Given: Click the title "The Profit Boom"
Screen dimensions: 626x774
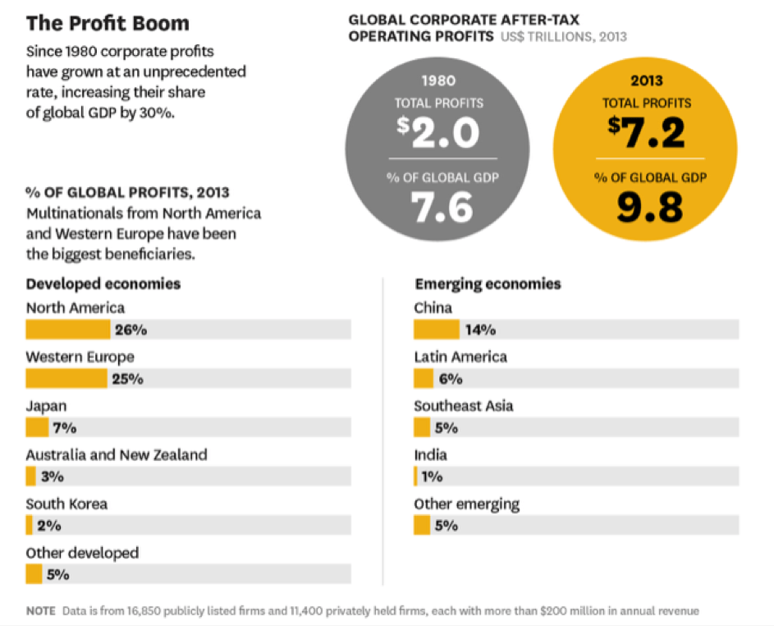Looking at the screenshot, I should pyautogui.click(x=108, y=23).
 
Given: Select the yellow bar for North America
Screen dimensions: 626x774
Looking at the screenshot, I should pyautogui.click(x=67, y=329).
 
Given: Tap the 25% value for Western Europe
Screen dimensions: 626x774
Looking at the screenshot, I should pyautogui.click(x=128, y=379).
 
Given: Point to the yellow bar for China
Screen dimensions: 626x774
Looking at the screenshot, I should pyautogui.click(x=436, y=329).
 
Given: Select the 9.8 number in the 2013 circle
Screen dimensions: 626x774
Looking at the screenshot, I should pyautogui.click(x=649, y=207).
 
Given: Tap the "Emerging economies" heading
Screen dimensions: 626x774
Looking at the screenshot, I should pyautogui.click(x=488, y=283).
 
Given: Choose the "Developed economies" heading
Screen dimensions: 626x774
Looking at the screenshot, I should pyautogui.click(x=103, y=283).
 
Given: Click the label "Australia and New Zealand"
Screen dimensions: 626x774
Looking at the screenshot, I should pyautogui.click(x=117, y=454).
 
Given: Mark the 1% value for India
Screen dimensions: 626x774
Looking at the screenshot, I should pyautogui.click(x=432, y=476).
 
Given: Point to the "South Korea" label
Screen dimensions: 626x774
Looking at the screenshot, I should pyautogui.click(x=66, y=504).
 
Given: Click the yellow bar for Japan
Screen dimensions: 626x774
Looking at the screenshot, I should pyautogui.click(x=37, y=427).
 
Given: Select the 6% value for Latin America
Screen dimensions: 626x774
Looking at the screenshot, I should pyautogui.click(x=451, y=379).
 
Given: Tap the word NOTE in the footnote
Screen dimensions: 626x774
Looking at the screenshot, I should pyautogui.click(x=40, y=611).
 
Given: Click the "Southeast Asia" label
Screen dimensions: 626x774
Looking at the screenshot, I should pyautogui.click(x=464, y=406).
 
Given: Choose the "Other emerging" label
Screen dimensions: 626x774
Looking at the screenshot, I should pyautogui.click(x=466, y=504).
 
